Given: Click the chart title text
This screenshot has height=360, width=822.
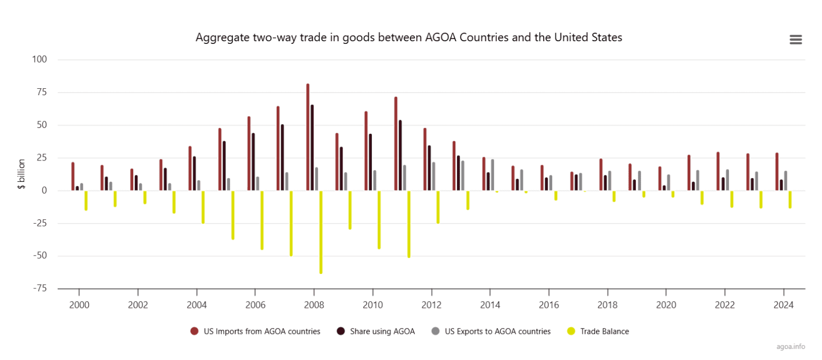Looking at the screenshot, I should coord(409,38).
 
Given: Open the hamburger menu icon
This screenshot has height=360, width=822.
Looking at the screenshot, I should coord(795,40).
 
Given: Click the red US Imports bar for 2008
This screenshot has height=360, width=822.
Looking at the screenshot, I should coord(308,137).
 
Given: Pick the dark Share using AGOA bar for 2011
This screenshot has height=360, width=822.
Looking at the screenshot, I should coord(400,155).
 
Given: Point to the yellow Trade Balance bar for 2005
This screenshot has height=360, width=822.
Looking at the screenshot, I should coord(233,215).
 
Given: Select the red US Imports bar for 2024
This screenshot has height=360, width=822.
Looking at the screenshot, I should coord(777,172).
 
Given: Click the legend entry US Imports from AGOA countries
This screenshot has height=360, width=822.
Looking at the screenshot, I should coord(255,331).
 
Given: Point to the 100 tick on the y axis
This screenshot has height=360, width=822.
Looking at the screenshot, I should coord(41,59).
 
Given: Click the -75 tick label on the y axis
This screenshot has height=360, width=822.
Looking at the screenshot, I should coord(39,288).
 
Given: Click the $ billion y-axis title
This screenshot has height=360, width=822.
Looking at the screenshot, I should coord(22,175).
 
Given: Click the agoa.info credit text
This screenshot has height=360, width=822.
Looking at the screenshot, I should coord(790,346).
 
